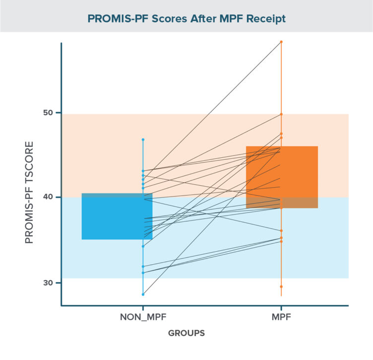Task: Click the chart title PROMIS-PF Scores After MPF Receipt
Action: click(186, 19)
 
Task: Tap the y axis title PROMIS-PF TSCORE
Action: click(29, 193)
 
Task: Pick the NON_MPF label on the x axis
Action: click(143, 316)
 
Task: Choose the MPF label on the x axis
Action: click(281, 316)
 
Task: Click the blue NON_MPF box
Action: click(117, 216)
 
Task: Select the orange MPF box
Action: click(281, 177)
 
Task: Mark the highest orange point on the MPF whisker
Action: click(281, 42)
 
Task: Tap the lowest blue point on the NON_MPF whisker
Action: click(143, 294)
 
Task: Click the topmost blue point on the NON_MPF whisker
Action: click(143, 140)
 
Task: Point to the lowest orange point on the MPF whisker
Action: click(281, 287)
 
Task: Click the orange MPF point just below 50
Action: click(281, 114)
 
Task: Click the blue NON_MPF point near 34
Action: click(143, 246)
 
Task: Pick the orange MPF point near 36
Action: click(281, 231)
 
